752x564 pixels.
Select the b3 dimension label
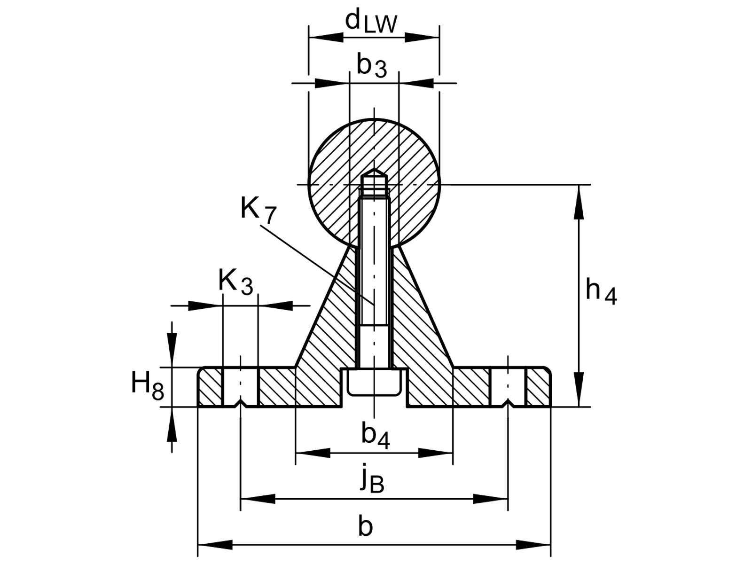click(372, 65)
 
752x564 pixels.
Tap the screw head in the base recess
click(374, 382)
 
